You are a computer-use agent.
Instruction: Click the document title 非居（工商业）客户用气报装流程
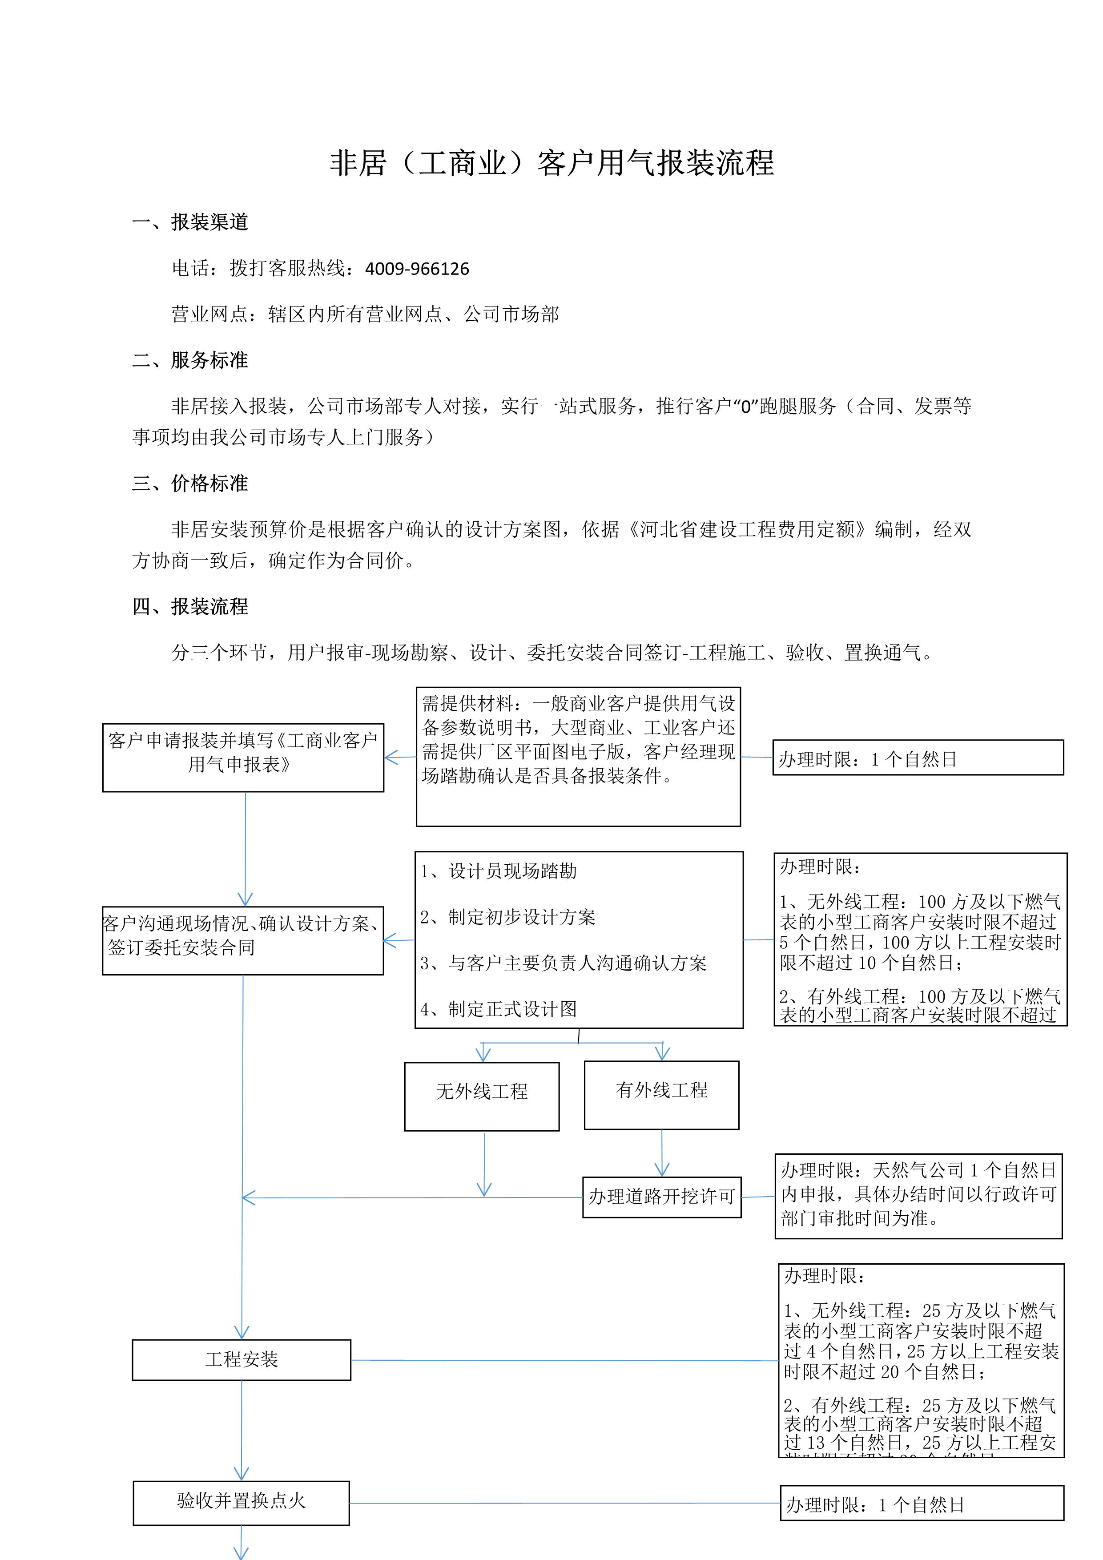click(x=551, y=164)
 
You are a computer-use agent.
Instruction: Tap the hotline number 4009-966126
click(x=417, y=269)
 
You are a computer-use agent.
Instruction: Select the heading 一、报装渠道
click(x=190, y=222)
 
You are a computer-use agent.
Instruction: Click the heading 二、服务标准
click(x=190, y=360)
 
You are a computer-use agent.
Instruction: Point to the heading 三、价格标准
click(x=190, y=484)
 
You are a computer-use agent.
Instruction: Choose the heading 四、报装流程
click(x=190, y=607)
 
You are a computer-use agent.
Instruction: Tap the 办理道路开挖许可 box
click(x=661, y=1197)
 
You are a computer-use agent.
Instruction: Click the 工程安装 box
click(x=242, y=1359)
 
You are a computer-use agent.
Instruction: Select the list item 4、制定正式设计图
click(x=499, y=1009)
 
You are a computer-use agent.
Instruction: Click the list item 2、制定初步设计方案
click(x=508, y=917)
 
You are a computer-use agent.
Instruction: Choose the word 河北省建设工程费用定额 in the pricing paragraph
click(x=749, y=529)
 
